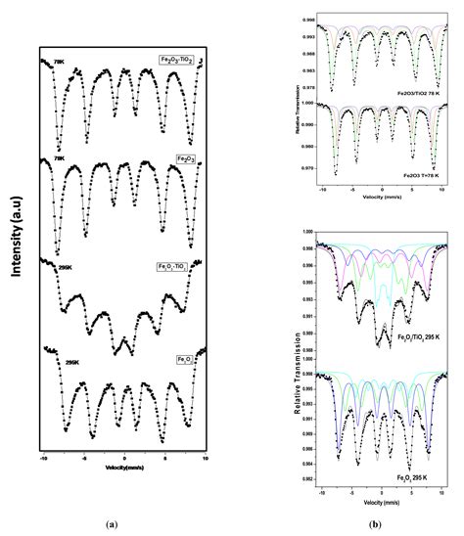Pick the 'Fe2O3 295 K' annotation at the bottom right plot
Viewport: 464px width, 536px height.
pyautogui.click(x=400, y=475)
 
